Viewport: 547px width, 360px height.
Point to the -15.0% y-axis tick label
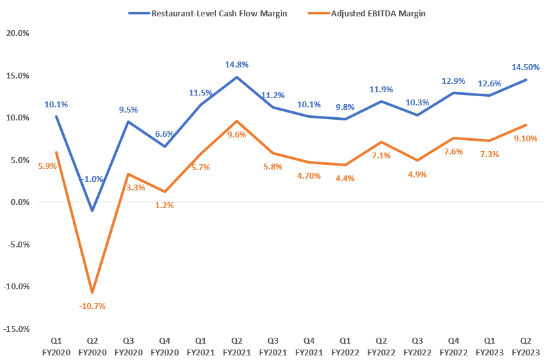(x=16, y=329)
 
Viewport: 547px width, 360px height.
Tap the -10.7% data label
(x=92, y=306)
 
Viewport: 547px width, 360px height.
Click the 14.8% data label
(x=236, y=65)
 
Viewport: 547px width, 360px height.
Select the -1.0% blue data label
(x=92, y=179)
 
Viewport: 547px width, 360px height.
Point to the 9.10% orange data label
(x=525, y=139)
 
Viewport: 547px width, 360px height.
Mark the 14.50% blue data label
(x=525, y=67)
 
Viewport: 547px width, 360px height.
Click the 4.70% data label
(x=308, y=175)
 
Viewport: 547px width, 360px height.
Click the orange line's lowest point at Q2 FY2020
(x=92, y=292)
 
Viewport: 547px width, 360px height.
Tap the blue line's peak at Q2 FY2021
(x=236, y=77)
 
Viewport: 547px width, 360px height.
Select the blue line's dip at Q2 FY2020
(x=92, y=211)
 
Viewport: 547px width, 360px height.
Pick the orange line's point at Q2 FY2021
(x=236, y=121)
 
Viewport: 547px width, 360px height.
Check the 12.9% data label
(x=453, y=81)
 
